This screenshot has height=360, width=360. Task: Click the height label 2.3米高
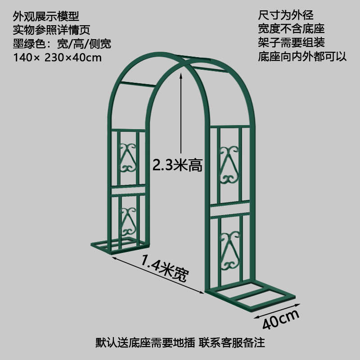tap(177, 166)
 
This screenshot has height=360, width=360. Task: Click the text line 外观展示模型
tap(46, 17)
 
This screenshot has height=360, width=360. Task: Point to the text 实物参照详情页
tap(52, 30)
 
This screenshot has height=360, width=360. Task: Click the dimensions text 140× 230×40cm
tap(58, 58)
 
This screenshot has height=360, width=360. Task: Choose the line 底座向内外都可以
tap(302, 57)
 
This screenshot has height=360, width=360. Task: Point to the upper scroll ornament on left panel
tap(128, 158)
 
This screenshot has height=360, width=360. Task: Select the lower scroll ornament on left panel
tap(129, 220)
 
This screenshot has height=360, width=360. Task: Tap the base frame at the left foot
tap(119, 247)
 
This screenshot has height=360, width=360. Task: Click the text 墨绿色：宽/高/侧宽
tap(62, 44)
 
